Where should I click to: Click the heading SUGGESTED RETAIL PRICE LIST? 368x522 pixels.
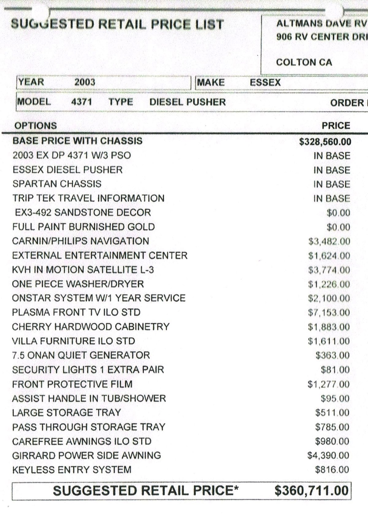[117, 24]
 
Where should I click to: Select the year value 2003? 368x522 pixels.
[85, 82]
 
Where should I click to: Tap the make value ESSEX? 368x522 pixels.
[265, 82]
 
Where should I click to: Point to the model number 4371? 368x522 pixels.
[82, 102]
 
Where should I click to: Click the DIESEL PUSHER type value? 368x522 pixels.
[187, 102]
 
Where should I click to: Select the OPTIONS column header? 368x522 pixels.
[36, 126]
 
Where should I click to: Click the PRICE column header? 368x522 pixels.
[336, 126]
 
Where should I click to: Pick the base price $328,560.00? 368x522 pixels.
[325, 141]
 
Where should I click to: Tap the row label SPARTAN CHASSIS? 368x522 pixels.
[57, 184]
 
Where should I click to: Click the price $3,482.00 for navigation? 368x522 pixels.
[329, 242]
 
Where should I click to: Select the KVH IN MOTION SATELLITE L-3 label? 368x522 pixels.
[83, 270]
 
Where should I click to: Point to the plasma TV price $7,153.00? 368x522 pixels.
[329, 313]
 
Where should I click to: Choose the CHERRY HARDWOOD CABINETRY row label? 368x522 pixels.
[90, 327]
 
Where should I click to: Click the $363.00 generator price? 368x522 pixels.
[332, 355]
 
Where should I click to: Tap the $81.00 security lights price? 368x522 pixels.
[335, 370]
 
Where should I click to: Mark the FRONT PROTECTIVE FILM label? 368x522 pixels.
[72, 384]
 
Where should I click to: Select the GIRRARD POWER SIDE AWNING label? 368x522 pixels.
[86, 455]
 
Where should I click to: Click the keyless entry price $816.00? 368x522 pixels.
[332, 470]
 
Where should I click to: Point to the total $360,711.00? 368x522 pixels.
[311, 490]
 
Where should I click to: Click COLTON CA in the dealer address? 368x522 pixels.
[304, 62]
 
